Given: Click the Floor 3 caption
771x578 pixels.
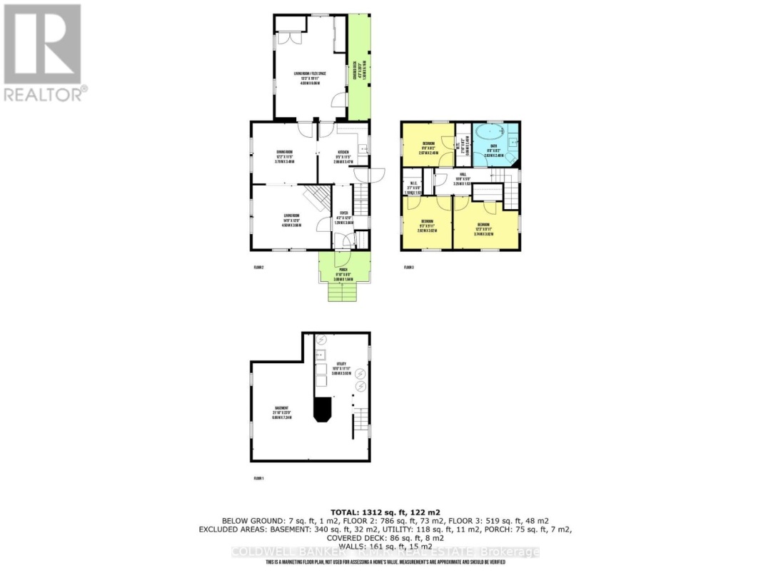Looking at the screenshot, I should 408,268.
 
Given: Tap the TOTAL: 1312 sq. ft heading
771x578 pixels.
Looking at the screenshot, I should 385,512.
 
